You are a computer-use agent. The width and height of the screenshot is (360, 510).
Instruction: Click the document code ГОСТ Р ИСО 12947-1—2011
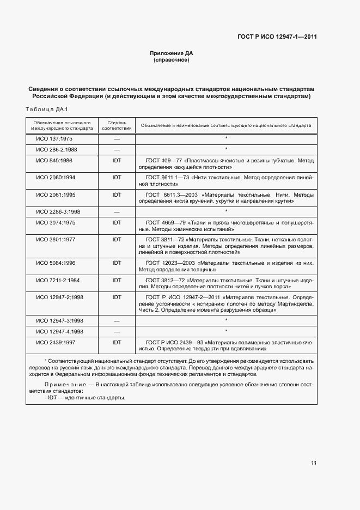point(277,37)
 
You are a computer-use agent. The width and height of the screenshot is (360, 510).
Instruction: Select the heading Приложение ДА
point(172,53)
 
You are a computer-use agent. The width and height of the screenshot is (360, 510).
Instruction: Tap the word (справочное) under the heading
point(172,60)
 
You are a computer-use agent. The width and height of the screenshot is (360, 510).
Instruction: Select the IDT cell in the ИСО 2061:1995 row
point(117,195)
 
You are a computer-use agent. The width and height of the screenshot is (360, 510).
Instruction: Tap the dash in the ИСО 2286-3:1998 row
point(117,211)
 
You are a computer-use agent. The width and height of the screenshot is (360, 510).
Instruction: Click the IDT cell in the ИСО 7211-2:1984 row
point(117,280)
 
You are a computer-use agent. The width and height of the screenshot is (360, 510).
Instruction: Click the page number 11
point(314,463)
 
